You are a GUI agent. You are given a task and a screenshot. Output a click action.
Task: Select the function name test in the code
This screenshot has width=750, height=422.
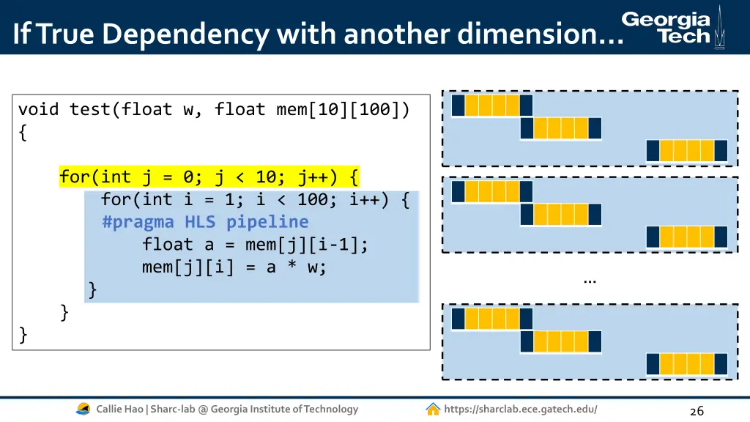click(94, 110)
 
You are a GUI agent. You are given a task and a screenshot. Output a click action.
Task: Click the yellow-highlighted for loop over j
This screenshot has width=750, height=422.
click(209, 177)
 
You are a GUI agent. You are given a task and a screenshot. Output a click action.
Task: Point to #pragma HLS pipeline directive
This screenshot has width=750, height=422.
click(205, 222)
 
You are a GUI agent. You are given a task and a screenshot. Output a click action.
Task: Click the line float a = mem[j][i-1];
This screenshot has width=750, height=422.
click(256, 245)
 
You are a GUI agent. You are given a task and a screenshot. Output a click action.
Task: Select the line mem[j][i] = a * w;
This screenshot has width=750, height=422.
click(234, 267)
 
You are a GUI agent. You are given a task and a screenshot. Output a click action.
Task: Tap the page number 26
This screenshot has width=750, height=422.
click(697, 411)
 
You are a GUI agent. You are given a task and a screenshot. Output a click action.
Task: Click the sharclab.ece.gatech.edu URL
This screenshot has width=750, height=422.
click(520, 410)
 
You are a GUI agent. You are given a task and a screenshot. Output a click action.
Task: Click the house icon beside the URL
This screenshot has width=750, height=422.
click(433, 410)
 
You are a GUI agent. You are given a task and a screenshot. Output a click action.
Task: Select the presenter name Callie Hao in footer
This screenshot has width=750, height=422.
click(120, 410)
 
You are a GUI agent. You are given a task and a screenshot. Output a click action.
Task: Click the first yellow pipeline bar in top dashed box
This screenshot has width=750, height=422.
click(491, 105)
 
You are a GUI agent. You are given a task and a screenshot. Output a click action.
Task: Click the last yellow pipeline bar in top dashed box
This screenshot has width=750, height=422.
click(686, 151)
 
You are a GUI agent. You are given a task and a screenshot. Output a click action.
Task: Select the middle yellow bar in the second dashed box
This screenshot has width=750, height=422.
click(560, 215)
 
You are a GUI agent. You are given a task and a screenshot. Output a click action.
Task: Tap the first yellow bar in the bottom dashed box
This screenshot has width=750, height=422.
click(491, 319)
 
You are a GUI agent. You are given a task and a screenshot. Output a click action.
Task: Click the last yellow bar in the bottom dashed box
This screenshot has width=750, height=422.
click(686, 364)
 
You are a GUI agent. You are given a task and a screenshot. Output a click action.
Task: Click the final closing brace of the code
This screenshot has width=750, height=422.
click(23, 335)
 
